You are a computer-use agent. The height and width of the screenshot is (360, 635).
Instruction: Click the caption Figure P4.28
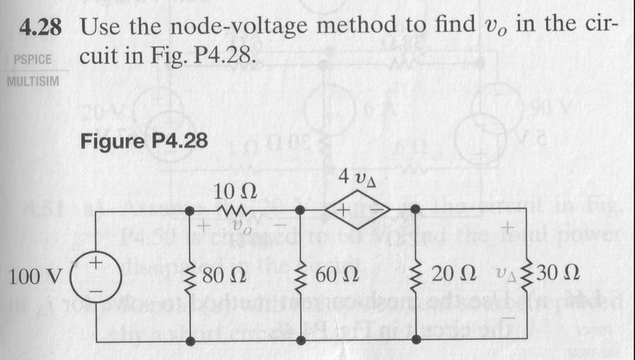pyautogui.click(x=144, y=141)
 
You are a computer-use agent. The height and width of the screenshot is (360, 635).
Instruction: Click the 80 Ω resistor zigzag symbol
pyautogui.click(x=189, y=273)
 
